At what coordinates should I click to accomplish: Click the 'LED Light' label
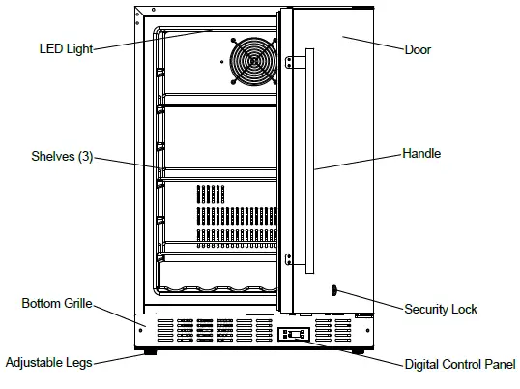click(66, 49)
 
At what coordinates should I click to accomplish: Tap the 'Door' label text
click(418, 49)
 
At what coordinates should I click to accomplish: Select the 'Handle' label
click(421, 153)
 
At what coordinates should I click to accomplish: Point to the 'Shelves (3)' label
click(60, 157)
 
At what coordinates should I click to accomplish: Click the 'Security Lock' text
click(440, 309)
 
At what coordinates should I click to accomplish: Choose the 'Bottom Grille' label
click(57, 304)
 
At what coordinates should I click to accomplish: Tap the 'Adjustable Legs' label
click(49, 363)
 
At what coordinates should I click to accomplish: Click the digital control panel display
click(295, 335)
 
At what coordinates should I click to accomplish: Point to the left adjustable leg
click(150, 352)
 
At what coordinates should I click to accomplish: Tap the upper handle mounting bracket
click(291, 61)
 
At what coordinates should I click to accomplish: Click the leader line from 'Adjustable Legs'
click(121, 359)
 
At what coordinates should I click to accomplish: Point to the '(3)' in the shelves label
click(85, 157)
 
